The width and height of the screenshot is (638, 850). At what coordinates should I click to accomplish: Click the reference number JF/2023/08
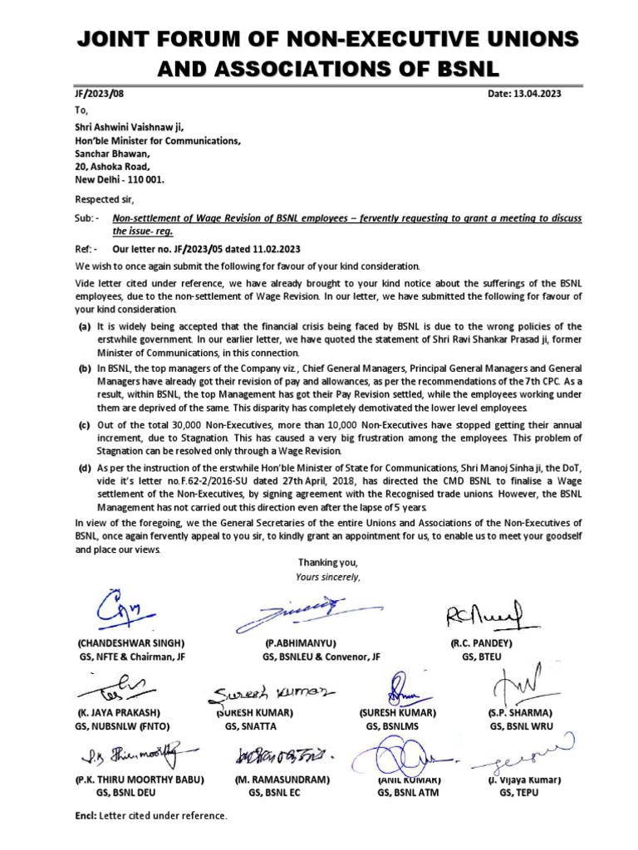98,94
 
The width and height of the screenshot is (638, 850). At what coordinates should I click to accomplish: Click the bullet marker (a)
84,327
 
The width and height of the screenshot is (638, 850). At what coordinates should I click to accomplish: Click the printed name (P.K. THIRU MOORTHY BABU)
140,780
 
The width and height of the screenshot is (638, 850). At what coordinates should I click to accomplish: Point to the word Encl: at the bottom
86,817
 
